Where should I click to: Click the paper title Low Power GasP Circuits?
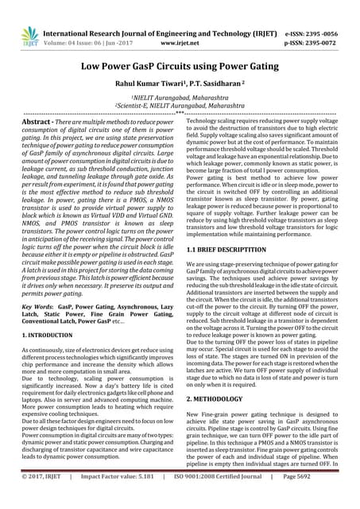tap(180, 68)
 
